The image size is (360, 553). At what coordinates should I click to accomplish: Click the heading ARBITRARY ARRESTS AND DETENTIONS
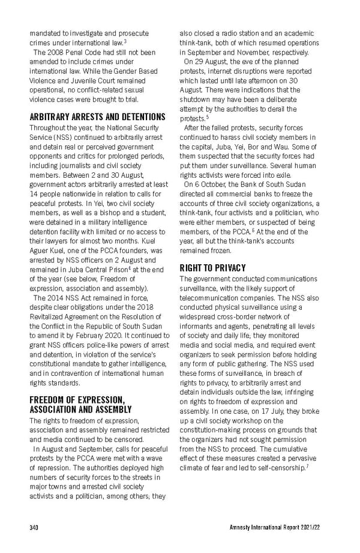point(97,116)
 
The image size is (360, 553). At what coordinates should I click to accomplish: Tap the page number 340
point(34,528)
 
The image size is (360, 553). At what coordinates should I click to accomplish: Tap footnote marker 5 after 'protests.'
point(207,116)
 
